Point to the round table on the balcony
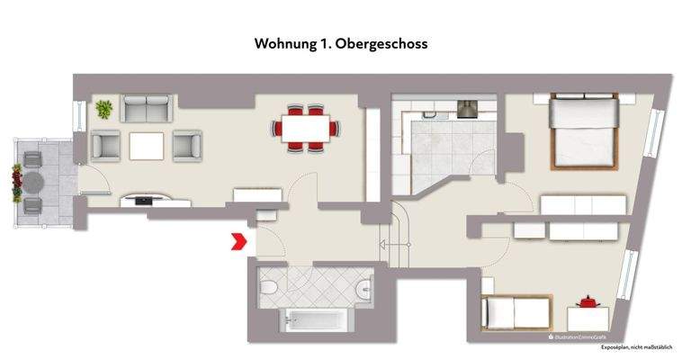click(34, 183)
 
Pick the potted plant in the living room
click(104, 109)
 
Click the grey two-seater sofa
click(148, 110)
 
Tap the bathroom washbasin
click(363, 289)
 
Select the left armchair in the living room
click(105, 144)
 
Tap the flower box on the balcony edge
click(16, 183)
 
